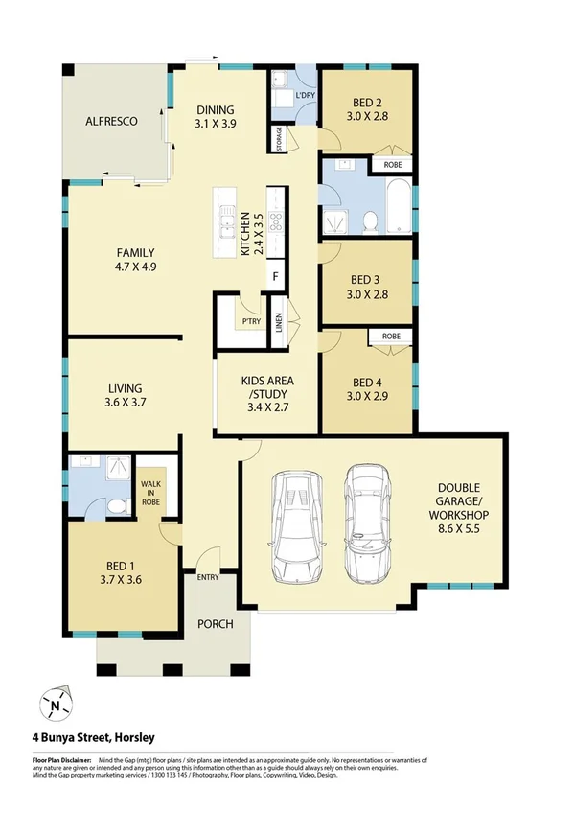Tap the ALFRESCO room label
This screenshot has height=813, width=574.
tap(113, 122)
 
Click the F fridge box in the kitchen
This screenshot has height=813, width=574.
tap(276, 277)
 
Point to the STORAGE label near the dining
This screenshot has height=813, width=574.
tap(280, 140)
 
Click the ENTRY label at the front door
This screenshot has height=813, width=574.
tap(208, 577)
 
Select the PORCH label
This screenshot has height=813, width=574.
tap(216, 624)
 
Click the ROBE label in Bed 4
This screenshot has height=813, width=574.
tap(391, 337)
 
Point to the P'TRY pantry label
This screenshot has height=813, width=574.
tap(251, 320)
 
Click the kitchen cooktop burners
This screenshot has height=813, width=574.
tap(275, 224)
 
